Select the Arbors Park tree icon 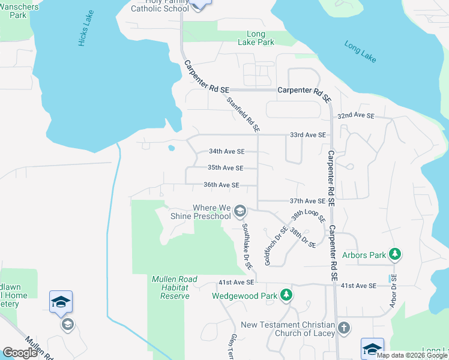click(x=394, y=255)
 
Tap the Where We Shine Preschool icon click(x=240, y=211)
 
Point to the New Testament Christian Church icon click(x=343, y=328)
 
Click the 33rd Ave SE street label click(x=307, y=135)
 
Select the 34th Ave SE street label click(x=226, y=152)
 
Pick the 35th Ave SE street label click(x=225, y=168)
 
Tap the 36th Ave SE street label click(x=221, y=185)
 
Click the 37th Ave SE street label click(x=307, y=201)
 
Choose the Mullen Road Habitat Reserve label click(x=170, y=287)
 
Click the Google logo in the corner click(x=20, y=353)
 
